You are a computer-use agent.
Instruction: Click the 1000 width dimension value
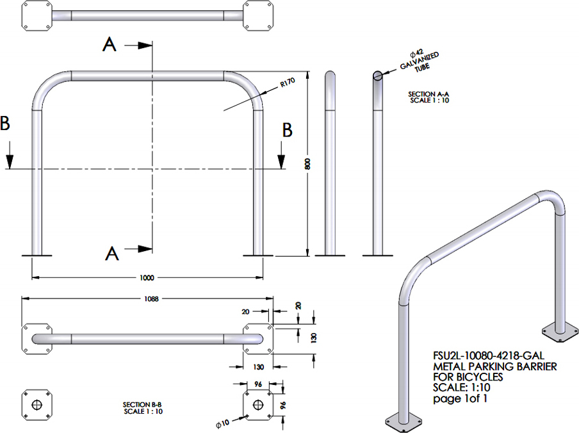(x=147, y=277)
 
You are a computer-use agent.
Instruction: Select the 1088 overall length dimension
(x=151, y=298)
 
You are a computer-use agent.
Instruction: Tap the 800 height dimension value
(x=307, y=163)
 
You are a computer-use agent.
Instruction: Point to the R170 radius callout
(x=288, y=82)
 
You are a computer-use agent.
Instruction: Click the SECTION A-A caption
(x=428, y=94)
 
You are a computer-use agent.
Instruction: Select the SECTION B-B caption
(x=142, y=405)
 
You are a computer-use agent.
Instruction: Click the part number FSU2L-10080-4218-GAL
(x=489, y=356)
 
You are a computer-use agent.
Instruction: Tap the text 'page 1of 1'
(x=460, y=398)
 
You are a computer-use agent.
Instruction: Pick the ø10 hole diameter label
(x=223, y=423)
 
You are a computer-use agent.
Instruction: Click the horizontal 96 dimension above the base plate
(x=258, y=384)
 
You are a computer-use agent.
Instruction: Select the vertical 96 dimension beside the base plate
(x=283, y=405)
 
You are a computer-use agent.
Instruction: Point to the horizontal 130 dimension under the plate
(x=259, y=367)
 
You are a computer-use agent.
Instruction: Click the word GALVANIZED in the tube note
(x=420, y=61)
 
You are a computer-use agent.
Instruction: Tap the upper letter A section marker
(x=110, y=45)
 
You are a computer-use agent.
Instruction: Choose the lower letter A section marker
(x=112, y=254)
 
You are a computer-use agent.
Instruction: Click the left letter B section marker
(x=4, y=123)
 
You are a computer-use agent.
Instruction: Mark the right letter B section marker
(x=288, y=130)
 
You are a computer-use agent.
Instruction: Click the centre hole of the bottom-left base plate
(x=37, y=405)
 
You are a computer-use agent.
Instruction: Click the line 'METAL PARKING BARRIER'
(x=495, y=366)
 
